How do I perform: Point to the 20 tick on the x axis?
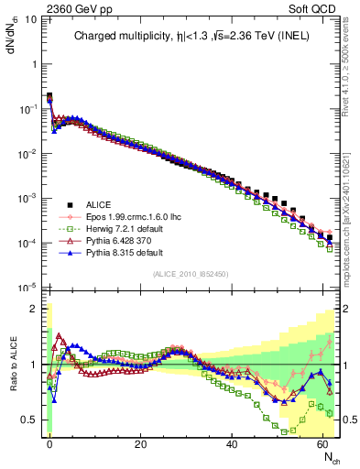click(x=140, y=443)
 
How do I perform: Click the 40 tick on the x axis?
click(x=232, y=443)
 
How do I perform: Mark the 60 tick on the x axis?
click(x=323, y=443)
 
